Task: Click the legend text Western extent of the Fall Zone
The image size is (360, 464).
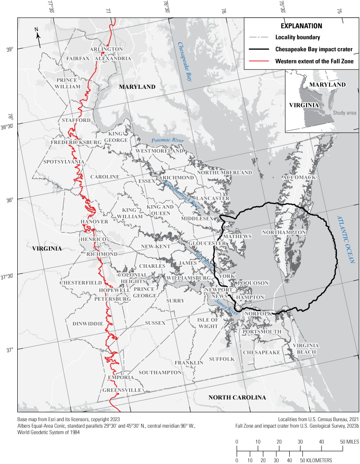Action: (314, 61)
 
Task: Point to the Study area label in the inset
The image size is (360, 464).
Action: (345, 113)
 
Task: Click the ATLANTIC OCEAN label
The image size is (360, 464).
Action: (346, 239)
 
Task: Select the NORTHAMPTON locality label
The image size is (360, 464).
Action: (284, 232)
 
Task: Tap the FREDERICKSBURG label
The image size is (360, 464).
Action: (76, 142)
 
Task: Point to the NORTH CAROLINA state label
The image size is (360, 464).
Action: (237, 397)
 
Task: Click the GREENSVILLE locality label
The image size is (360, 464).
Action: (122, 391)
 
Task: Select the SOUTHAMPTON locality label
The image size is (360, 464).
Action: (160, 373)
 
